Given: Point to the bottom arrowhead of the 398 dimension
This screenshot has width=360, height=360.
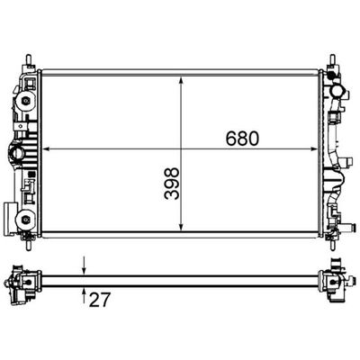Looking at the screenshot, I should point(184,230).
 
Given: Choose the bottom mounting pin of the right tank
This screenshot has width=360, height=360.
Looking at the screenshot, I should point(332,241).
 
